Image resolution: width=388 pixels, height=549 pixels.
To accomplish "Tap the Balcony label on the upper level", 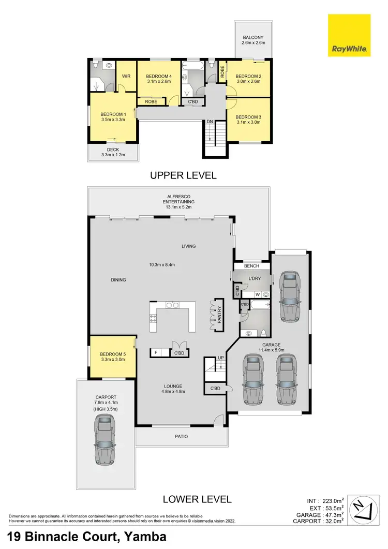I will pos(254,40).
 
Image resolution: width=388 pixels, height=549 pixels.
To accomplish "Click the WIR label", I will pos(126,76).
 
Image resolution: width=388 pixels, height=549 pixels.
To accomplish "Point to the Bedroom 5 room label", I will pos(112,356).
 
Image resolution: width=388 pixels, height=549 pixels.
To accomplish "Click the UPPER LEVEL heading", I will pos(183,175).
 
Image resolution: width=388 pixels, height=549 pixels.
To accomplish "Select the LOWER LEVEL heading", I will pos(197,499).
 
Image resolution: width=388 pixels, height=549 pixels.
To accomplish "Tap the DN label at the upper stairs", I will pos(210,122).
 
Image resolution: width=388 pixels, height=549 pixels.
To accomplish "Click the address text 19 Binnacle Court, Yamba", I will pos(87,537).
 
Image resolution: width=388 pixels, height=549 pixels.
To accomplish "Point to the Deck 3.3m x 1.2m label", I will pos(113,153).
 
